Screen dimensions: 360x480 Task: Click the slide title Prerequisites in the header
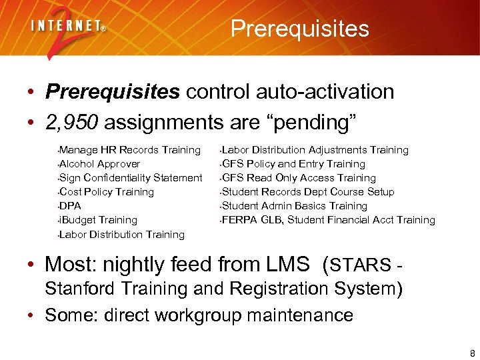(299, 29)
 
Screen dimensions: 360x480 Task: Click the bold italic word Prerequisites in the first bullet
(113, 91)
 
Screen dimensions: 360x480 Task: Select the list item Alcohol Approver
(100, 164)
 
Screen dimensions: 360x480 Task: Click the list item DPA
(71, 206)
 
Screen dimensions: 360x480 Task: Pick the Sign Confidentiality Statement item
(131, 178)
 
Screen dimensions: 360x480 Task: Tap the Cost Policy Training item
(107, 192)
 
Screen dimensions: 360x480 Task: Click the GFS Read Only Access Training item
(299, 178)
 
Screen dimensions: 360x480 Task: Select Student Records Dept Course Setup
(308, 192)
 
